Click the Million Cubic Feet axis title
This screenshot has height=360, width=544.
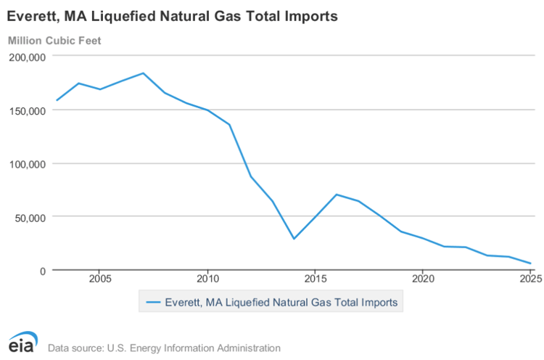click(x=54, y=40)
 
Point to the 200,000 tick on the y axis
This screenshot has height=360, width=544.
click(x=27, y=57)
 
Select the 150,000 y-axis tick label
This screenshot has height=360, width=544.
click(x=27, y=110)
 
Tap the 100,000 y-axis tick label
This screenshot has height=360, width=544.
click(x=27, y=164)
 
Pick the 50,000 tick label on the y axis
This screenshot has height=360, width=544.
click(x=30, y=217)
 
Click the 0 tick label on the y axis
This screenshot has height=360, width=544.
click(x=42, y=271)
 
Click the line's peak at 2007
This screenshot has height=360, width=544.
click(x=143, y=73)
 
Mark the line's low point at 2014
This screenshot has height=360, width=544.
click(x=294, y=239)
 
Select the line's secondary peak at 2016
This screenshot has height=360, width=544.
click(x=337, y=195)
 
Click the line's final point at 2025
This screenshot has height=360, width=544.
click(x=530, y=263)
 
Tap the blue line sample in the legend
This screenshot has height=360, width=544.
click(x=153, y=303)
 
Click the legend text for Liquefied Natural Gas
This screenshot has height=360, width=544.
click(x=281, y=303)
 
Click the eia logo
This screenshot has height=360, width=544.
click(x=22, y=343)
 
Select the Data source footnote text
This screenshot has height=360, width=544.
click(x=164, y=348)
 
